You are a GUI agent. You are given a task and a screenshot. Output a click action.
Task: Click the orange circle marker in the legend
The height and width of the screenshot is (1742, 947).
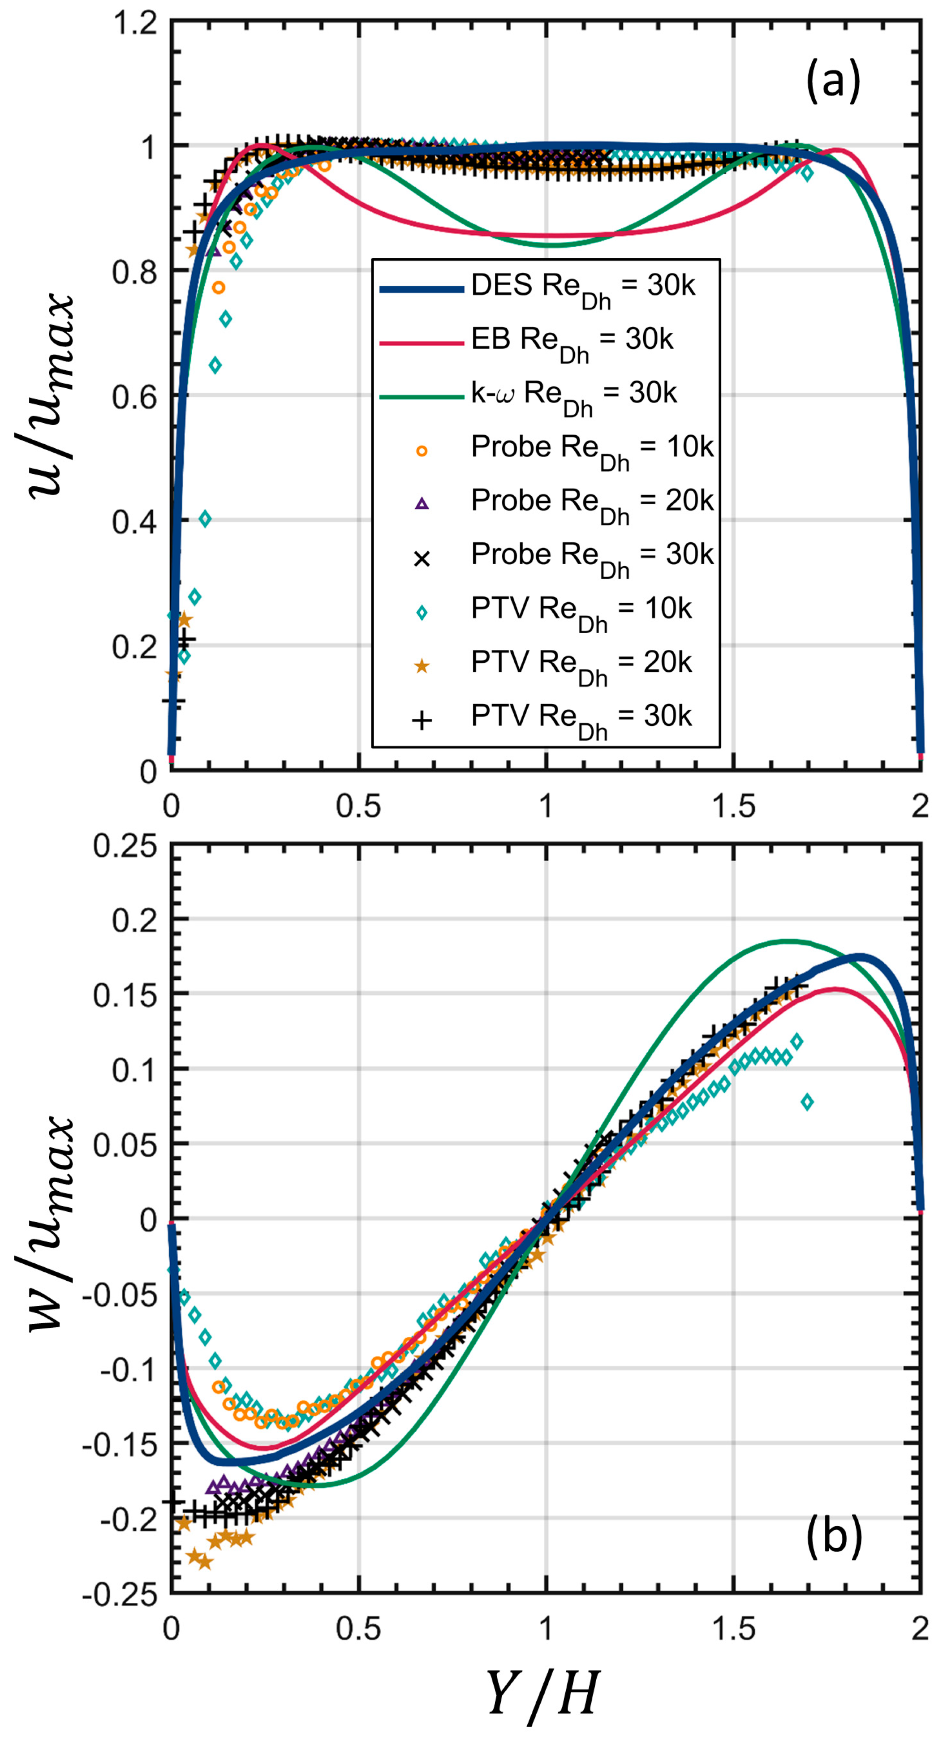[422, 451]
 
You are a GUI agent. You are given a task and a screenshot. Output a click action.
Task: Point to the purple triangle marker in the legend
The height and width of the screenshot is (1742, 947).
[422, 504]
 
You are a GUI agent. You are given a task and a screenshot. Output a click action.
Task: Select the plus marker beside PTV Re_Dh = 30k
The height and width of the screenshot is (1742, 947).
[422, 721]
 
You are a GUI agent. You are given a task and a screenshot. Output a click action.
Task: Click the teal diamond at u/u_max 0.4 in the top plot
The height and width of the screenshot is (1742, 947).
[205, 519]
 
